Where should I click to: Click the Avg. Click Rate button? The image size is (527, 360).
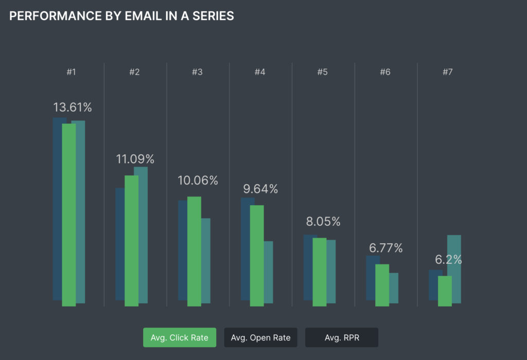[180, 337]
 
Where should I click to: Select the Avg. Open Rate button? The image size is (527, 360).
[260, 337]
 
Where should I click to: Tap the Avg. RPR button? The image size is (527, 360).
[342, 337]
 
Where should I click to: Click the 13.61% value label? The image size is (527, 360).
[72, 107]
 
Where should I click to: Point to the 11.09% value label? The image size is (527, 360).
[135, 159]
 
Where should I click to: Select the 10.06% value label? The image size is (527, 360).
[198, 181]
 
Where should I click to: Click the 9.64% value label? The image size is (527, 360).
[260, 189]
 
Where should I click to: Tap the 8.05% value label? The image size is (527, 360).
[323, 222]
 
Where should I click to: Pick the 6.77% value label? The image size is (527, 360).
[385, 248]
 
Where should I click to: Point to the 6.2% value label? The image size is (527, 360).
[448, 259]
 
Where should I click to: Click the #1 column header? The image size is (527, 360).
[71, 72]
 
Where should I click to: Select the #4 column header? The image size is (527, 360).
[260, 72]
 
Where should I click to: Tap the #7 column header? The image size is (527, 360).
[448, 72]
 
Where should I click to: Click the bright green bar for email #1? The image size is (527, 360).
[69, 215]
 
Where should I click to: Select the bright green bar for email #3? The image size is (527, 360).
[194, 251]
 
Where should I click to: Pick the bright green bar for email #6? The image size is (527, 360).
[382, 285]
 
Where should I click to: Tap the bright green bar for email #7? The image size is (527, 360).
[445, 291]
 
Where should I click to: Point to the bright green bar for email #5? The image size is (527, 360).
[319, 272]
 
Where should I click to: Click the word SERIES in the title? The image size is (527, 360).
[213, 16]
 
